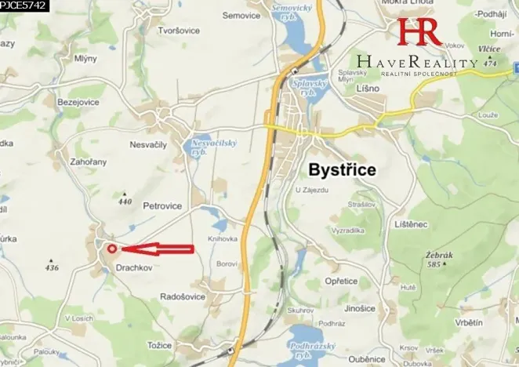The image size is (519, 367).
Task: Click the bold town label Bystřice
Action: pos(343,169)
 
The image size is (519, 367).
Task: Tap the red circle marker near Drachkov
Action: pos(111,249)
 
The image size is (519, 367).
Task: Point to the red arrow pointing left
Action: pos(158,249)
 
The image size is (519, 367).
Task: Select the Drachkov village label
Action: pos(135,267)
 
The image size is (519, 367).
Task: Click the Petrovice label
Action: pos(163,206)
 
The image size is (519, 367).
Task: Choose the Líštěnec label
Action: pos(411,224)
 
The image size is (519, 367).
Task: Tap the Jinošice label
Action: pos(359,308)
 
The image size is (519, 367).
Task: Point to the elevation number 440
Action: pos(124,202)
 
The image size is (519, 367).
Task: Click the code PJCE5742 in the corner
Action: pos(24,5)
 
